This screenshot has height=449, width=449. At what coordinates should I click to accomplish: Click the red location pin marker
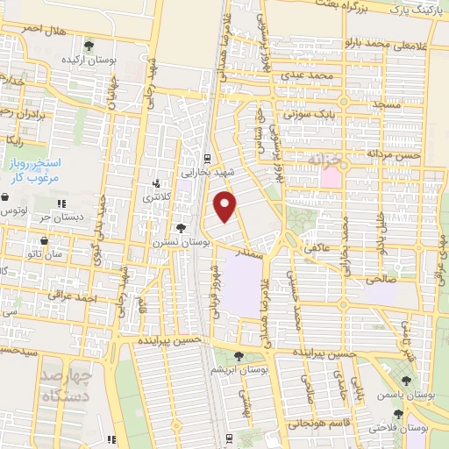pos(226,206)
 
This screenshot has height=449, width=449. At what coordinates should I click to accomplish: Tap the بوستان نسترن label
pos(179,239)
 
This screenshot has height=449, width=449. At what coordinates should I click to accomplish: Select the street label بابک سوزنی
pos(303,114)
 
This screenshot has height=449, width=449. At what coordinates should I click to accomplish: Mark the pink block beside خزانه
pos(330,176)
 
